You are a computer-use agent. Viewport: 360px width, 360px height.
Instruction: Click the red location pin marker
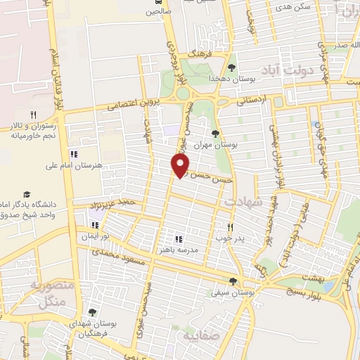pos(180,165)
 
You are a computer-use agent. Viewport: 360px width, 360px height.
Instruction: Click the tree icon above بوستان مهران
pos(216,133)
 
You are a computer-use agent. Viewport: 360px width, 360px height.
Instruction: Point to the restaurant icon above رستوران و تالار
pos(33,115)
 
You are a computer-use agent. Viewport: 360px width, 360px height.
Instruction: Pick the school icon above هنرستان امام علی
pos(73,154)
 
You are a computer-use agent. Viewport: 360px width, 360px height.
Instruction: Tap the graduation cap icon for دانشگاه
pos(27,194)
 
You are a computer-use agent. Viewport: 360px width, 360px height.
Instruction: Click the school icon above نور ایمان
pos(94,226)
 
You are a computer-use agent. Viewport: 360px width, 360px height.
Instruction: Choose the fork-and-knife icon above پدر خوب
pos(229,227)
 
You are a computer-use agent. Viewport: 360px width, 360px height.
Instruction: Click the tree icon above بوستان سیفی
pos(233,281)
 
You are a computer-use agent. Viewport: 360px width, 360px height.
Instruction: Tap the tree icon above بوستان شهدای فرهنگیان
pos(92,312)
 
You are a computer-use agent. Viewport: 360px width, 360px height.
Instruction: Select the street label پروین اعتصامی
pos(134,105)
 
